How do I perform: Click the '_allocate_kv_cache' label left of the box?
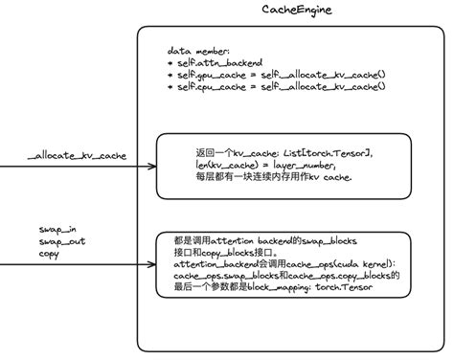[77, 155]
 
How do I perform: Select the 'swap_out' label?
[59, 242]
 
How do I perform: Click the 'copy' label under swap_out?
[49, 254]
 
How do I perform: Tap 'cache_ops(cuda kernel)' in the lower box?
[338, 261]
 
